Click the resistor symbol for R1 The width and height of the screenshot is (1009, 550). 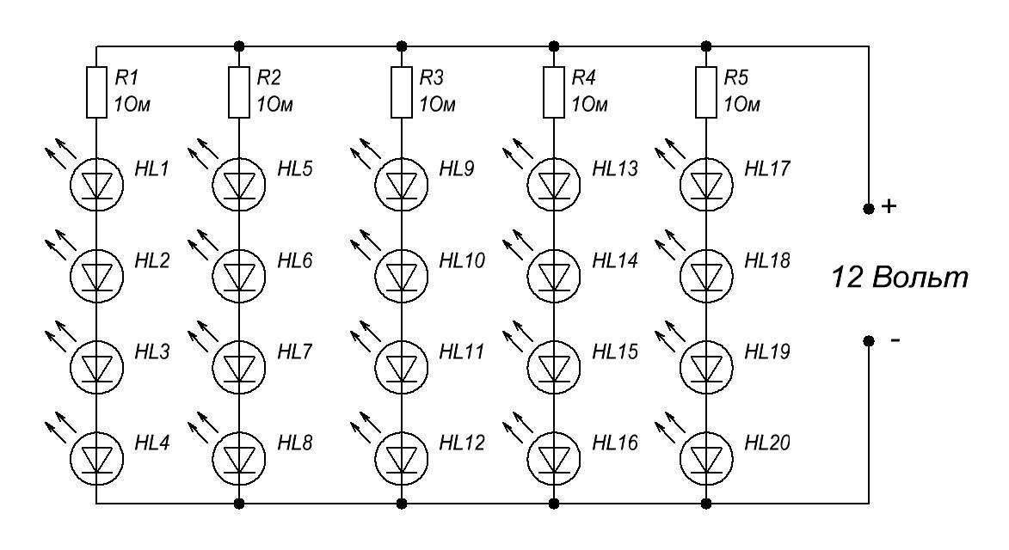[x=96, y=92]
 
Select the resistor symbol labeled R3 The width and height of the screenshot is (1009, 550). [x=402, y=92]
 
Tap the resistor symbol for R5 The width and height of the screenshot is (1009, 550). [x=706, y=92]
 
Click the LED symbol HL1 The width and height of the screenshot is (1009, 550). [x=96, y=185]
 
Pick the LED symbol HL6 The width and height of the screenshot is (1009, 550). [x=239, y=276]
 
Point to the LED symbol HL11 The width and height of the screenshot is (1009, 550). [x=402, y=368]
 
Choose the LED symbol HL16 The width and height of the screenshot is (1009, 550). [x=554, y=459]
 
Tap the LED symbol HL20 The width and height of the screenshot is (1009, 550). [x=706, y=459]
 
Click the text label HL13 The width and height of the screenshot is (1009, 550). [x=615, y=169]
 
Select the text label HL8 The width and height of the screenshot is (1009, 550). [x=295, y=443]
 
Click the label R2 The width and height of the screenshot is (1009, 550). [x=269, y=77]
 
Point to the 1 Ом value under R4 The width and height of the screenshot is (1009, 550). [x=589, y=104]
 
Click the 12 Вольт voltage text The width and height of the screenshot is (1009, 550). [x=900, y=277]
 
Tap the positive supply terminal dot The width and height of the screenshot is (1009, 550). [x=869, y=208]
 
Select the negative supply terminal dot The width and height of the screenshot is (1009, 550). [x=869, y=340]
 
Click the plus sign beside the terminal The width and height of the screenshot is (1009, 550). [x=889, y=206]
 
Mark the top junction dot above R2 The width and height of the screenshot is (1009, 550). [x=239, y=46]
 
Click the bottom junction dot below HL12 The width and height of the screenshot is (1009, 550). [x=402, y=503]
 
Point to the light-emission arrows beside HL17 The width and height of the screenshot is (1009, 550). [x=670, y=153]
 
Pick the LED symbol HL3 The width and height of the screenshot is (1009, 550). [x=96, y=368]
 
